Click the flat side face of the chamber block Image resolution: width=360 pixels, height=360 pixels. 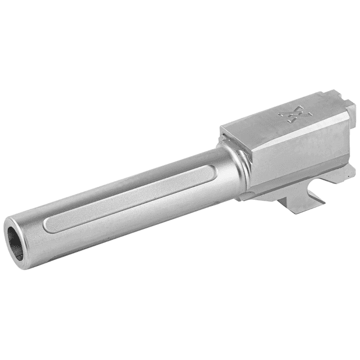tap(298, 163)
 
